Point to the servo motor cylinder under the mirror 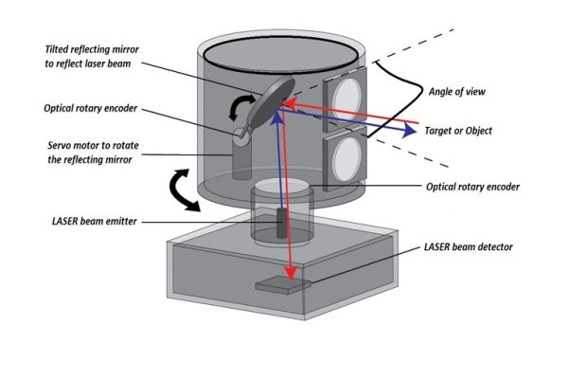(238, 161)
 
